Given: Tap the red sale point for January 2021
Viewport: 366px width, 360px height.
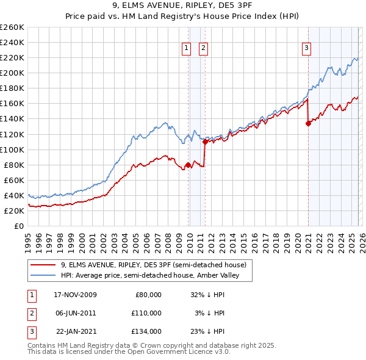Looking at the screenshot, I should pos(308,123).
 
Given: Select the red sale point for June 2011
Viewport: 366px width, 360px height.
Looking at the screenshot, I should pos(205,142).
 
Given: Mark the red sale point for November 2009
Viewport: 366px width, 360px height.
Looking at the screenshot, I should pos(188,165).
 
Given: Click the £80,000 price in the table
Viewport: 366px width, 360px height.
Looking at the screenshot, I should pos(147,295).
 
